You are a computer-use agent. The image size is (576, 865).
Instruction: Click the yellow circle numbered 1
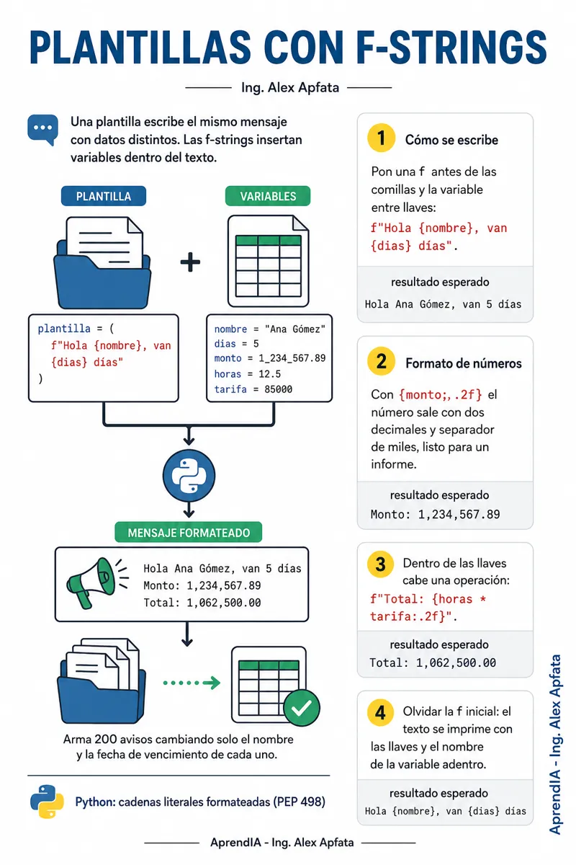pyautogui.click(x=381, y=138)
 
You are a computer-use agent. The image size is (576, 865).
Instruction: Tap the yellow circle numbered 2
pyautogui.click(x=381, y=361)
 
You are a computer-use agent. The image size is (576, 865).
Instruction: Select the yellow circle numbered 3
pyautogui.click(x=380, y=564)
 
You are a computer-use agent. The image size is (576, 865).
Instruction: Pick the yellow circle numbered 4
pyautogui.click(x=380, y=712)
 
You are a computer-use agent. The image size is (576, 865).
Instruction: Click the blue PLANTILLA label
pyautogui.click(x=104, y=196)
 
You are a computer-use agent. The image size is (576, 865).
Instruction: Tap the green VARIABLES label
pyautogui.click(x=268, y=196)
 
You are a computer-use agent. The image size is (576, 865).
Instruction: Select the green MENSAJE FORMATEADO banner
pyautogui.click(x=188, y=533)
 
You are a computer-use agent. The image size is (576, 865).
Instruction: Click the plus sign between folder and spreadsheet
pyautogui.click(x=190, y=262)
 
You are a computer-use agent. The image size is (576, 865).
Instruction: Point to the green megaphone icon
pyautogui.click(x=96, y=582)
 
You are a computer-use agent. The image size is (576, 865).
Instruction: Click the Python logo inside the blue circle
pyautogui.click(x=189, y=475)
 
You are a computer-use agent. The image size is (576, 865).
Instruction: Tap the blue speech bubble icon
pyautogui.click(x=42, y=130)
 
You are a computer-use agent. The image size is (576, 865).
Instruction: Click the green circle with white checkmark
pyautogui.click(x=301, y=708)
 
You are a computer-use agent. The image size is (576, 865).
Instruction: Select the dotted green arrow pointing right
pyautogui.click(x=192, y=683)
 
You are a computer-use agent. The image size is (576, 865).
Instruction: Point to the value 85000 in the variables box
pyautogui.click(x=278, y=389)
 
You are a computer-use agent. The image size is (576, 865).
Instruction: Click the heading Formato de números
pyautogui.click(x=464, y=363)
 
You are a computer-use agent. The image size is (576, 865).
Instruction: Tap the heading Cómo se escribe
pyautogui.click(x=451, y=140)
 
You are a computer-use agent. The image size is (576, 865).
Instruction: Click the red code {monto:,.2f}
pyautogui.click(x=440, y=395)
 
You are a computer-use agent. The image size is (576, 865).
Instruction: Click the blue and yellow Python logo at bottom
pyautogui.click(x=47, y=802)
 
